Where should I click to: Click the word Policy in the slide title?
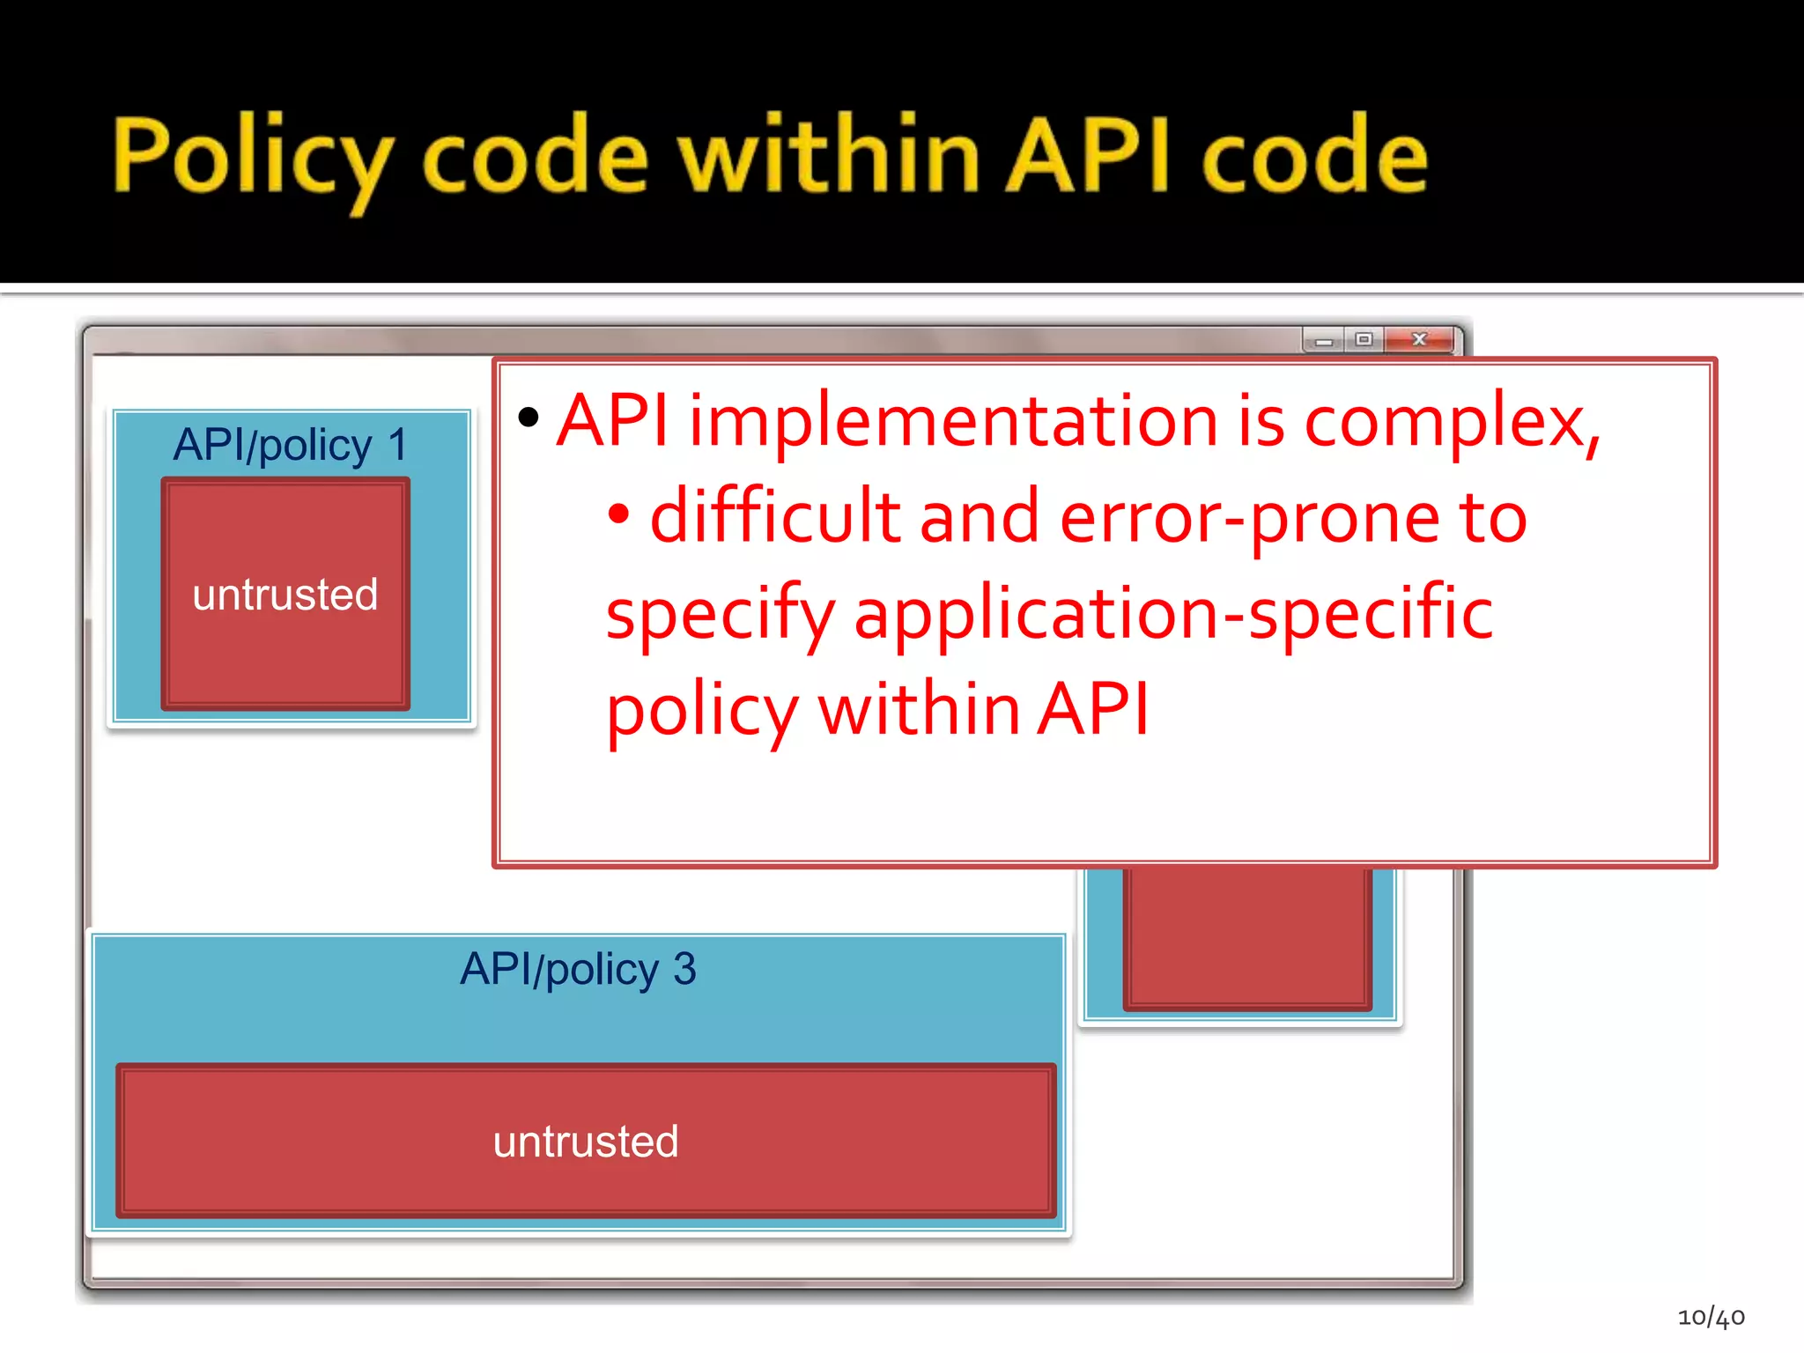click(251, 157)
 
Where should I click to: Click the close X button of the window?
click(1418, 339)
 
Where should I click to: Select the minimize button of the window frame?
click(1323, 341)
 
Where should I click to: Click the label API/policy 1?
click(290, 445)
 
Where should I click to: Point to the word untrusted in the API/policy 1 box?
click(285, 595)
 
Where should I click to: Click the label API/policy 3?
click(578, 970)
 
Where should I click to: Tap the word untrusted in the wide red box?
click(586, 1142)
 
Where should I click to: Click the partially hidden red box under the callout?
click(1246, 937)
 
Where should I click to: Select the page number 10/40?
click(1711, 1317)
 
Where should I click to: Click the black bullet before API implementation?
click(529, 417)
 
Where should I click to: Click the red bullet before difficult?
click(619, 514)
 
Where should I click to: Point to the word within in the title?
click(828, 155)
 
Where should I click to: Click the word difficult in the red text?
click(775, 517)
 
